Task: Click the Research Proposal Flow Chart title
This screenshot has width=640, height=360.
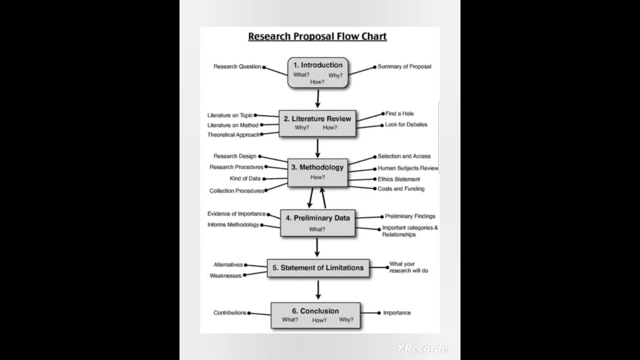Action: [317, 36]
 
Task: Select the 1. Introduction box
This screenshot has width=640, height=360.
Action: [317, 73]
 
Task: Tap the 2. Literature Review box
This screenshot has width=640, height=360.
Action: [317, 123]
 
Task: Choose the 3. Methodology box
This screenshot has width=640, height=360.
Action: [317, 172]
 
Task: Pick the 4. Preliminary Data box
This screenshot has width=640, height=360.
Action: [317, 223]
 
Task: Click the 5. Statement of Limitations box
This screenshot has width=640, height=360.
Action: [318, 268]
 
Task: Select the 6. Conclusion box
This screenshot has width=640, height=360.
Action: [315, 315]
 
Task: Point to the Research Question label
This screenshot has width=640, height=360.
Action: [237, 66]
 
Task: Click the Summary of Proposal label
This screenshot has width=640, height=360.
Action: [404, 66]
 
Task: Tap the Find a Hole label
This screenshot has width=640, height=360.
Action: [399, 113]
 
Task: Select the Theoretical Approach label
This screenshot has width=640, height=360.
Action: [233, 135]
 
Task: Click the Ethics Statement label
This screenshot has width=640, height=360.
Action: [398, 179]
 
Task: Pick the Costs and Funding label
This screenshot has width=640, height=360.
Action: [401, 189]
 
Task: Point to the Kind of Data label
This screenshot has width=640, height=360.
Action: [245, 178]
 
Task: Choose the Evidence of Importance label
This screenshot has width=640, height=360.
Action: [236, 214]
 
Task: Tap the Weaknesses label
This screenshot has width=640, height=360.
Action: [225, 276]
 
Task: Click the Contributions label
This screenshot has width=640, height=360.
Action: [230, 313]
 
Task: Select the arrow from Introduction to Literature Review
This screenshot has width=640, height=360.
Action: [317, 99]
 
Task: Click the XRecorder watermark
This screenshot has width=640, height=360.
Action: [424, 348]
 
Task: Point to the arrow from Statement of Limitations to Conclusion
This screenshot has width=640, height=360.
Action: [318, 289]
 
